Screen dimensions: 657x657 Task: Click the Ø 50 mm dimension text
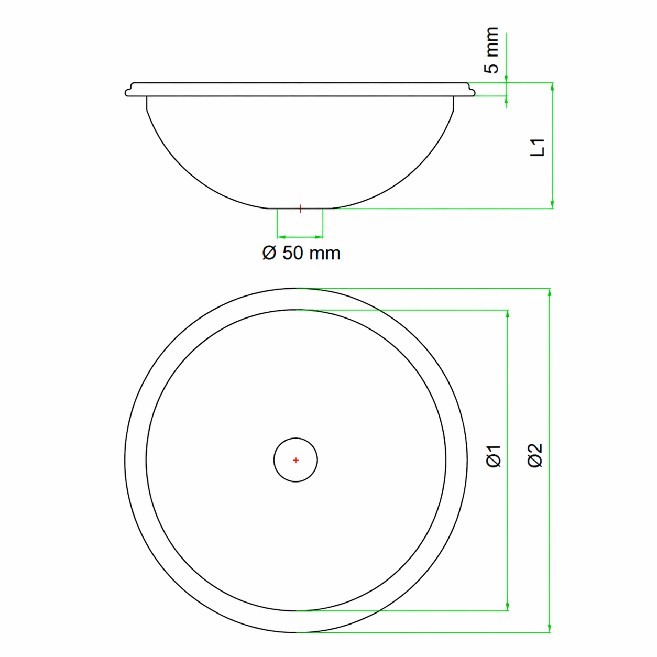coord(301,254)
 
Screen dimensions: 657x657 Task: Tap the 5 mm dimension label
coord(491,50)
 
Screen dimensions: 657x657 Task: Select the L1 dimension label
coord(538,147)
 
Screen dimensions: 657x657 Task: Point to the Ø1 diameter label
coord(494,456)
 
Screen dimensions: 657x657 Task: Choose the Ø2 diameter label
coord(534,455)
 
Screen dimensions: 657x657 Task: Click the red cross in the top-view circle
coord(295,461)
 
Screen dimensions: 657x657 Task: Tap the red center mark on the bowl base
coord(300,209)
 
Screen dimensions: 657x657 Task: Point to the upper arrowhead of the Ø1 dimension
coord(507,314)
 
